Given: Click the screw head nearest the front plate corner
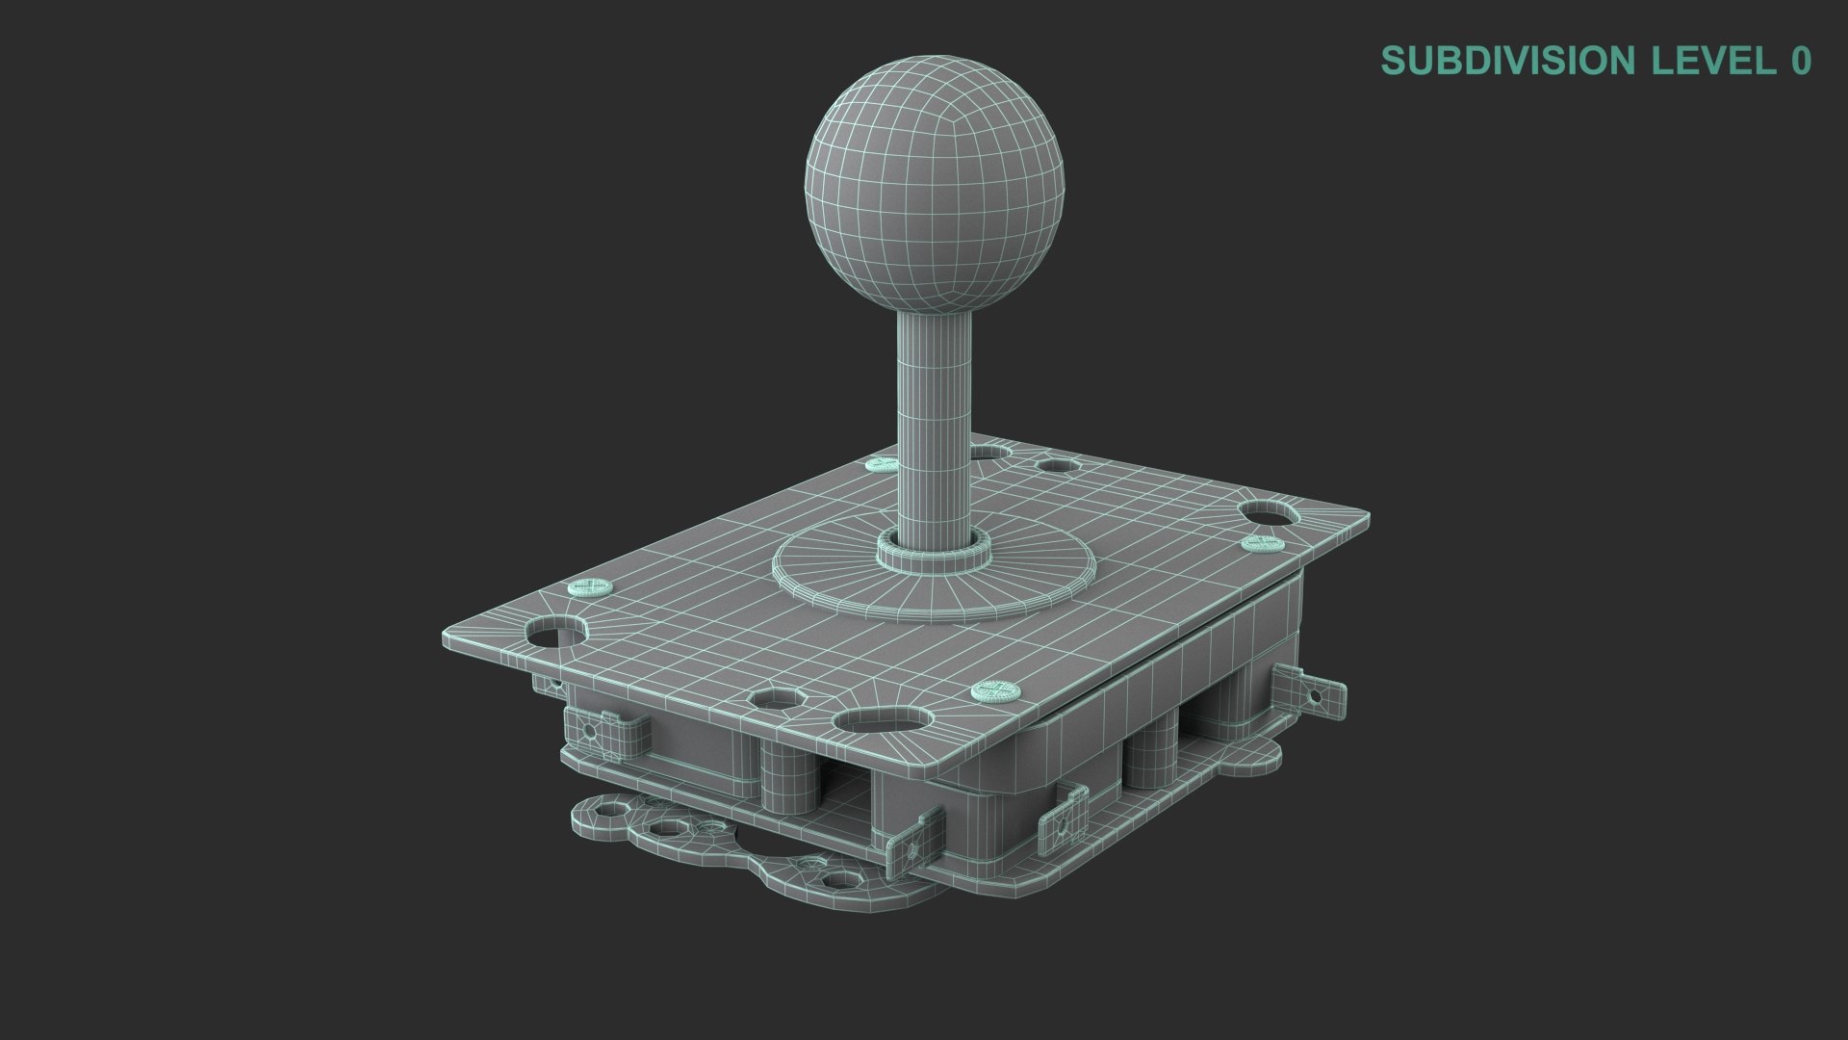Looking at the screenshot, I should (x=995, y=689).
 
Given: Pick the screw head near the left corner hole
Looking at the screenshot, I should (x=590, y=586).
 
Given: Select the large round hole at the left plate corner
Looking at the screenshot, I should (x=555, y=633).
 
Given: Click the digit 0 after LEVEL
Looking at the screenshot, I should (x=1800, y=61).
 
